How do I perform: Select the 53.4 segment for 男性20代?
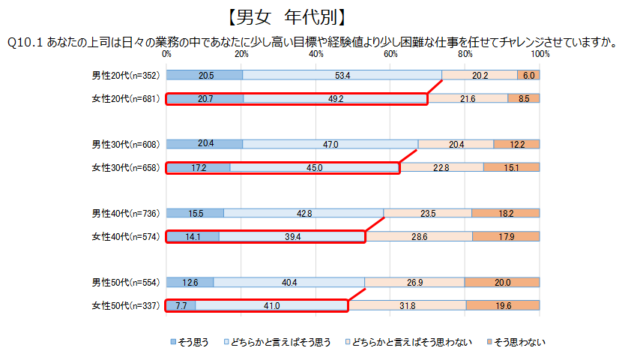pyautogui.click(x=342, y=75)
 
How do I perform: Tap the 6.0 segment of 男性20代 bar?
pyautogui.click(x=528, y=75)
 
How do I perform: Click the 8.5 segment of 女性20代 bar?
pyautogui.click(x=524, y=98)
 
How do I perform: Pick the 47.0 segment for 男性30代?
pyautogui.click(x=330, y=144)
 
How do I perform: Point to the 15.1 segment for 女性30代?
pyautogui.click(x=512, y=168)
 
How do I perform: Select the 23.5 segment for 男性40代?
pyautogui.click(x=428, y=213)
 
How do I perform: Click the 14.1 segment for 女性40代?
pyautogui.click(x=193, y=237)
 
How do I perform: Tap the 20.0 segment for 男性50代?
pyautogui.click(x=502, y=282)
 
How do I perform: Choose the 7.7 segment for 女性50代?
pyautogui.click(x=181, y=306)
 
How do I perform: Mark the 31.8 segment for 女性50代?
pyautogui.click(x=408, y=306)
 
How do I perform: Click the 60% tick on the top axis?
pyautogui.click(x=390, y=54)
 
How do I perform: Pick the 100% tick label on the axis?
pyautogui.click(x=539, y=54)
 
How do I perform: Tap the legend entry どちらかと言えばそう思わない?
pyautogui.click(x=417, y=343)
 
